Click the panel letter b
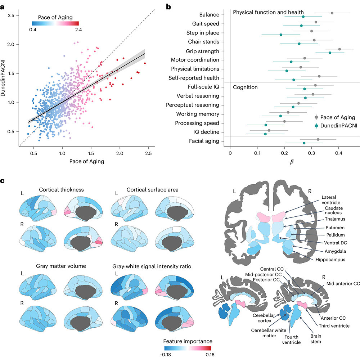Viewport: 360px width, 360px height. (x=168, y=7)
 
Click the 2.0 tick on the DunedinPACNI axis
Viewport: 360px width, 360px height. (x=11, y=45)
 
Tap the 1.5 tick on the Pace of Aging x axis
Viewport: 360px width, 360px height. (x=91, y=153)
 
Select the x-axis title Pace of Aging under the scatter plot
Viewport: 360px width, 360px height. (x=87, y=161)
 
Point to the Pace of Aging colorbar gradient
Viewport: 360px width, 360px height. (x=55, y=23)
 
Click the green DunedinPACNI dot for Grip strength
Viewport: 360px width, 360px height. (x=330, y=53)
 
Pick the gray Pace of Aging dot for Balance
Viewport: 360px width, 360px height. (x=332, y=13)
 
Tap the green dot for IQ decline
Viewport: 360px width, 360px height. (x=265, y=134)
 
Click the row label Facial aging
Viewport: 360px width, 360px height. (x=204, y=141)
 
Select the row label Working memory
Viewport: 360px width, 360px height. (x=198, y=114)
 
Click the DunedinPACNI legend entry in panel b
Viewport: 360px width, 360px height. (x=336, y=126)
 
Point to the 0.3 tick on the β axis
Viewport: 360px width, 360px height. (x=311, y=153)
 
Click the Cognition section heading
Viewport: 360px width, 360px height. (x=245, y=87)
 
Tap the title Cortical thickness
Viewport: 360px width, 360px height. (x=61, y=190)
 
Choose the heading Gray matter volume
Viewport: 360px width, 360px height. (x=61, y=266)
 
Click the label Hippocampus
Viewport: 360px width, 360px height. (x=330, y=260)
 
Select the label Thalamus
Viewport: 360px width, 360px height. (x=335, y=219)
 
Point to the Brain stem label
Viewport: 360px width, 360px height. (x=316, y=339)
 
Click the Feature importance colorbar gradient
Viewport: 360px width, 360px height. (x=188, y=348)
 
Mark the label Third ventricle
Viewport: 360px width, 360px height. (x=334, y=326)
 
